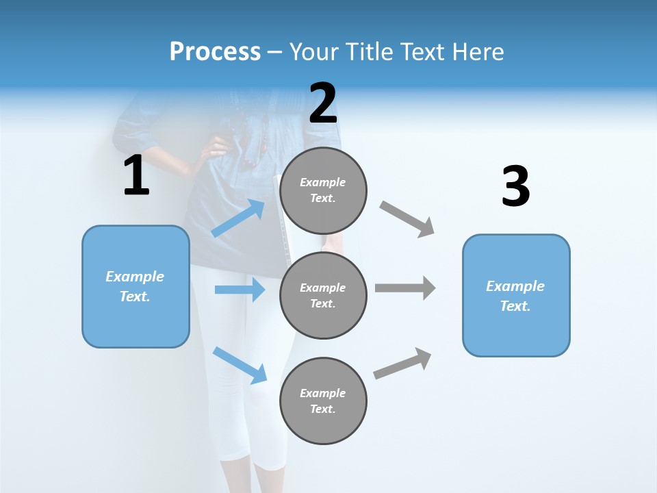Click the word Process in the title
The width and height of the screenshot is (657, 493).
pos(215,52)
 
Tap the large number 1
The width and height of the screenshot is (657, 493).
pos(136,176)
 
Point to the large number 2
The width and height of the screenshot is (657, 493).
pos(323,103)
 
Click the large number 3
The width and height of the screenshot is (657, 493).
pos(515,187)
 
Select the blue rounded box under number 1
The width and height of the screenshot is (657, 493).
pos(136,286)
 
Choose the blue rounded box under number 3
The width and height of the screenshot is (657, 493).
pos(516,295)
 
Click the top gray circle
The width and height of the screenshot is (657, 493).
pos(323,190)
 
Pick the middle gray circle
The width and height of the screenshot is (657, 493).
pos(323,295)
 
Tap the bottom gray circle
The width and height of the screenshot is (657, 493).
pos(323,401)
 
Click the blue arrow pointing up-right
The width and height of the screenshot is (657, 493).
pos(238,218)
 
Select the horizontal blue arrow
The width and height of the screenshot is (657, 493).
pos(240,290)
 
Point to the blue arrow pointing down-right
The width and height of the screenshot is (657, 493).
pos(240,365)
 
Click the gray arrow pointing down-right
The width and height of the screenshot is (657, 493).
pos(407,219)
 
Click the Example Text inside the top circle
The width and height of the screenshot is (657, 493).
pos(323,190)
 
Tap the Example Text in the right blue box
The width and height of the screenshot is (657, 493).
pos(515,296)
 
